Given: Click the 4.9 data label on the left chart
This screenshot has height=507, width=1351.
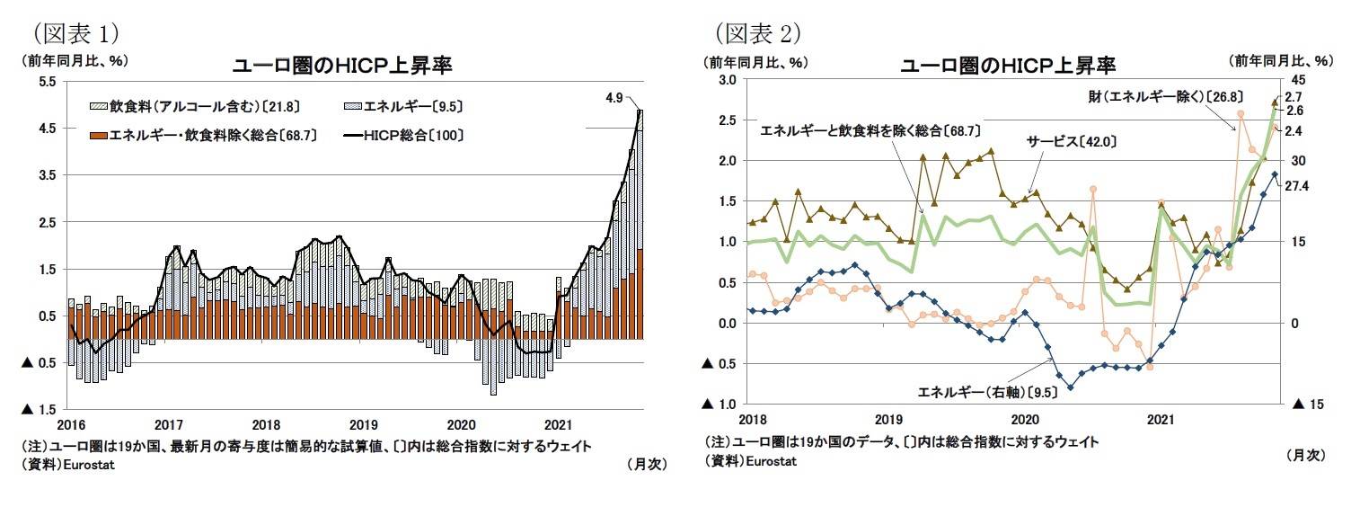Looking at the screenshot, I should [614, 96].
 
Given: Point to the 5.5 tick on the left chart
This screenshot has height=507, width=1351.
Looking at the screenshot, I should [47, 81].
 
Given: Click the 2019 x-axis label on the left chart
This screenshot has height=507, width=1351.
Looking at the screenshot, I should [363, 423].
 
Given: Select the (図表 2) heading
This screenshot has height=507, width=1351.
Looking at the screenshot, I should [758, 33].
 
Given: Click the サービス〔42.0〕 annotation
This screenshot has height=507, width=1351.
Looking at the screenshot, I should [1072, 141].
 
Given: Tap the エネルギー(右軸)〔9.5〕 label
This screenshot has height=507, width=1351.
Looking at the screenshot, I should [984, 391].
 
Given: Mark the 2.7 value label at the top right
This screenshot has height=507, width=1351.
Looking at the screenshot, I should [1294, 96].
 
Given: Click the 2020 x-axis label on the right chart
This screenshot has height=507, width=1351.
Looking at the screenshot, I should [1024, 419].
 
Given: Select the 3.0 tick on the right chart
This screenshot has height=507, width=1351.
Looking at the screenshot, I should [727, 80].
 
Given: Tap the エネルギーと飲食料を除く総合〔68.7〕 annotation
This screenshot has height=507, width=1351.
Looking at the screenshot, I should [870, 131].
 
